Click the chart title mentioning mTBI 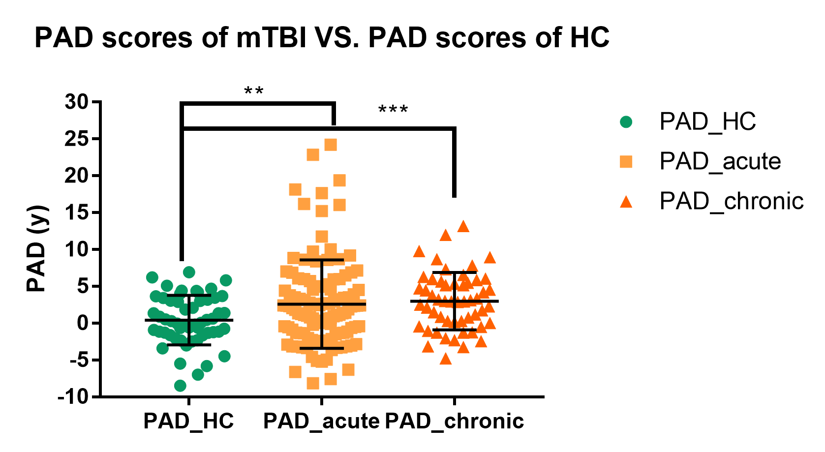tap(322, 37)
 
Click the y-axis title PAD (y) tap(37, 249)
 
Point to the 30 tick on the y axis tap(76, 102)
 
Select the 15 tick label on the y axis tap(76, 213)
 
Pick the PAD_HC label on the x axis tap(188, 421)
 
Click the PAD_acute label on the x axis tap(321, 421)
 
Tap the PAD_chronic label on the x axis tap(454, 421)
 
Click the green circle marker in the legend tap(626, 121)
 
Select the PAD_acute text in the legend tap(720, 161)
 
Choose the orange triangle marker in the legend tap(626, 202)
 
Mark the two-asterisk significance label tap(254, 91)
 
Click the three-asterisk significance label tap(393, 109)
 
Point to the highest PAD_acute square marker tap(330, 145)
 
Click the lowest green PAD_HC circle tap(180, 386)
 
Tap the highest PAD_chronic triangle tap(463, 227)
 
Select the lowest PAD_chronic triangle tap(445, 359)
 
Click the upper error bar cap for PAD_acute tap(322, 260)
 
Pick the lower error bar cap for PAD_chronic tap(455, 330)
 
